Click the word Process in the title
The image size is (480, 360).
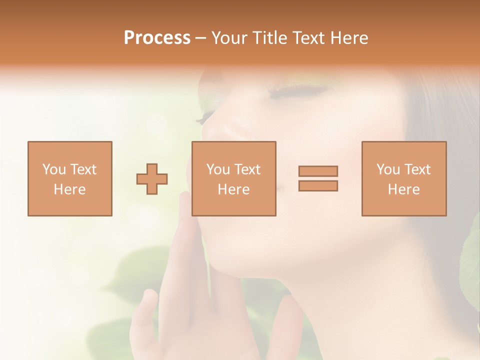(157, 38)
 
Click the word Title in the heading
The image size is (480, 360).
(269, 38)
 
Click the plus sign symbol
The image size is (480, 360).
(152, 179)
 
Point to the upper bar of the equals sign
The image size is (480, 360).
(318, 171)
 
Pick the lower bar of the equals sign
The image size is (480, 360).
(318, 186)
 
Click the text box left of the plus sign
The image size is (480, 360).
(69, 179)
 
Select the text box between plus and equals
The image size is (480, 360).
(233, 179)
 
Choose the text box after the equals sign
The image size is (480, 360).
(403, 179)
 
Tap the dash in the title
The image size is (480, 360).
(201, 38)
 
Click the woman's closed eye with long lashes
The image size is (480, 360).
(300, 92)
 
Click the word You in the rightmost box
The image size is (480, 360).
(387, 169)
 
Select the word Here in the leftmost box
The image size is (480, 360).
(69, 189)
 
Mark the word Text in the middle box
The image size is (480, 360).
(246, 169)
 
